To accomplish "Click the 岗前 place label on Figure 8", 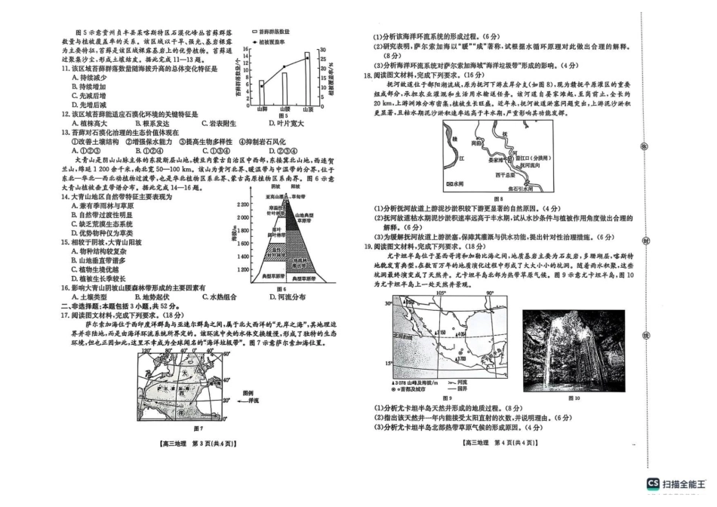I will click(476, 143).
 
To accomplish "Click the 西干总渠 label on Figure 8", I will click(505, 175).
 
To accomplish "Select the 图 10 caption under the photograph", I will click(572, 398).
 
